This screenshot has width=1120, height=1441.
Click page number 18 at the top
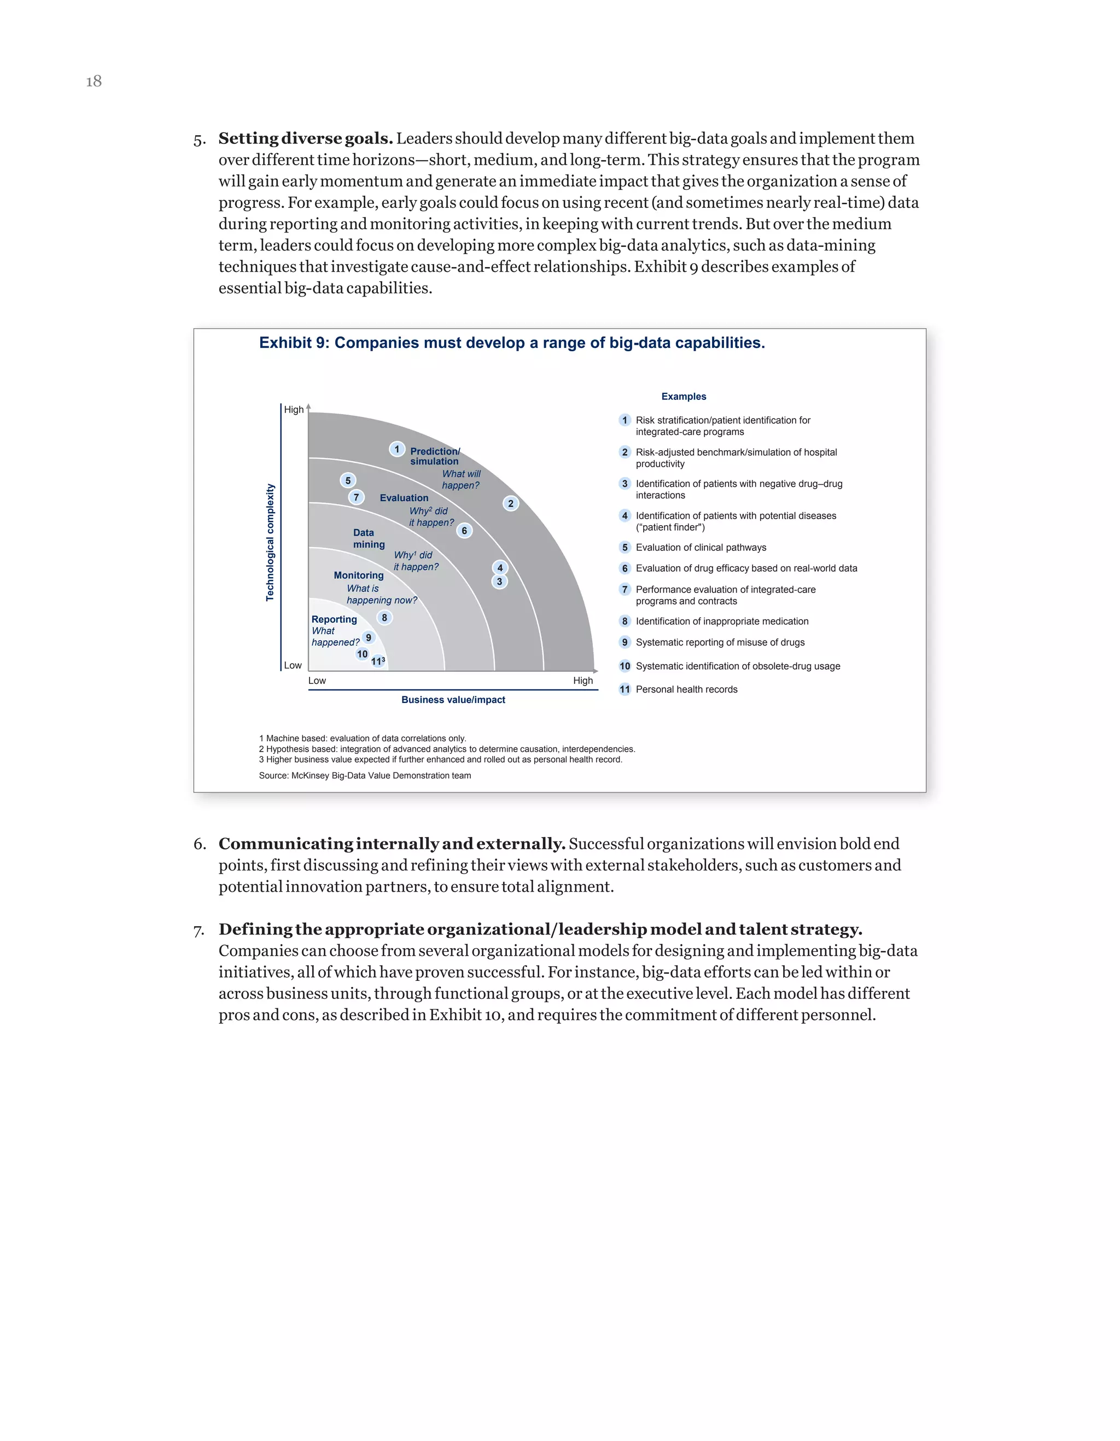94,81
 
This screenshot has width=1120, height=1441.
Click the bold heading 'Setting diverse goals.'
305,138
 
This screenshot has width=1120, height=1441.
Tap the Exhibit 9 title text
511,342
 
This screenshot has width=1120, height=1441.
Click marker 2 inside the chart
511,503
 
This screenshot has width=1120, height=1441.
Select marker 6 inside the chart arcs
464,531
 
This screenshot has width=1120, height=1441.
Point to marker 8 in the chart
384,618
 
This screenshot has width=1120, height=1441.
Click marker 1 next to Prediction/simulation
396,449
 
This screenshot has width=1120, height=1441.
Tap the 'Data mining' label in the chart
368,538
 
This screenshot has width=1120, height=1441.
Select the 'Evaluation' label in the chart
404,498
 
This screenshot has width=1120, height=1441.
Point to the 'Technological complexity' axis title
270,542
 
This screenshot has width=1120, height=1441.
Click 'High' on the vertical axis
294,410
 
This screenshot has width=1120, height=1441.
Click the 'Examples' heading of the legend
684,397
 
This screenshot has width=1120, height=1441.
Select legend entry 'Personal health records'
686,689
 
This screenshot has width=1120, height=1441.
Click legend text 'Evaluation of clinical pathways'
701,548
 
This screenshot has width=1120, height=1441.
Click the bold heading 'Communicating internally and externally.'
392,844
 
